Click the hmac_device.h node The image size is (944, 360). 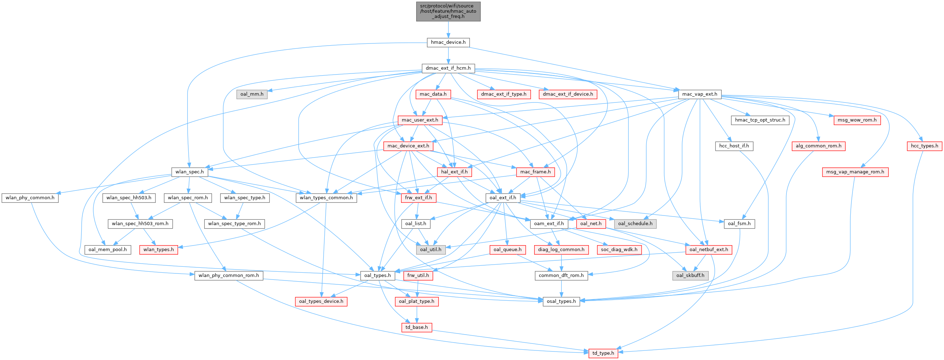[x=448, y=42]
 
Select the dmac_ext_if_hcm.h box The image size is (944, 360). [x=448, y=68]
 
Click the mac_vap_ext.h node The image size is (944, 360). [x=700, y=94]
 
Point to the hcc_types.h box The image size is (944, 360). [x=924, y=146]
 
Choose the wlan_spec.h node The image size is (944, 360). [x=189, y=172]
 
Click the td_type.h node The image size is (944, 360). [x=603, y=353]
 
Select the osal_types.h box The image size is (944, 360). [x=561, y=301]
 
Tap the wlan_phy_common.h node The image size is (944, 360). [x=30, y=197]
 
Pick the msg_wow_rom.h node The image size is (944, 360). [x=857, y=120]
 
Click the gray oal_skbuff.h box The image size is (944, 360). [x=690, y=275]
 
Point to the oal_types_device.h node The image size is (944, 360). [x=321, y=301]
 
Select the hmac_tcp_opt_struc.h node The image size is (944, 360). [x=760, y=120]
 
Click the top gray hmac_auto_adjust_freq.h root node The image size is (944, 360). [x=448, y=11]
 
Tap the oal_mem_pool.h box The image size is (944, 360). [x=107, y=250]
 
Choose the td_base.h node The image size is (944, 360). [x=416, y=327]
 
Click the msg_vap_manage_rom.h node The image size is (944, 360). [x=855, y=172]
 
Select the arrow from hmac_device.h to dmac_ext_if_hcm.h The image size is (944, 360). [x=448, y=55]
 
